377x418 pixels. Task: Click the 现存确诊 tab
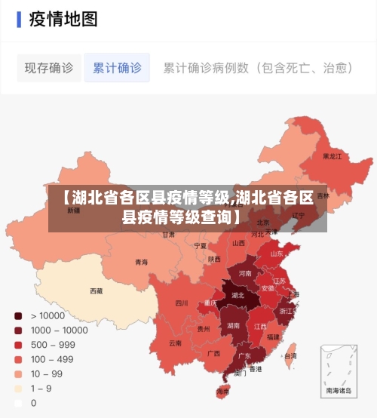point(48,68)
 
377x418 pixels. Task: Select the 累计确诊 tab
point(117,68)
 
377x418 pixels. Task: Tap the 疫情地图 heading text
point(63,19)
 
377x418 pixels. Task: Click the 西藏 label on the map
point(97,290)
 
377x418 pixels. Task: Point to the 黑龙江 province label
point(332,157)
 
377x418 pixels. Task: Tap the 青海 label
point(141,263)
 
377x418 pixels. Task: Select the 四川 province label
point(182,303)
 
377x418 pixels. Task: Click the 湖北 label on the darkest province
point(238,296)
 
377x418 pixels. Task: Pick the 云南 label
point(175,343)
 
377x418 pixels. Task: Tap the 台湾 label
point(290,355)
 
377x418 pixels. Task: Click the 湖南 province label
point(234,325)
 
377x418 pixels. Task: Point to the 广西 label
point(213,352)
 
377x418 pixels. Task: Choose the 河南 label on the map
point(245,273)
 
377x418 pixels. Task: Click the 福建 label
point(272,337)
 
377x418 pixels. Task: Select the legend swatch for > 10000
point(18,315)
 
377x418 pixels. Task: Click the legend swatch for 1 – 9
point(18,389)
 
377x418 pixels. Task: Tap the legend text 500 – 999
point(53,345)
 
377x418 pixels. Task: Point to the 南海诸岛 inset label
point(338,391)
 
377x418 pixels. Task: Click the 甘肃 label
point(168,235)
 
